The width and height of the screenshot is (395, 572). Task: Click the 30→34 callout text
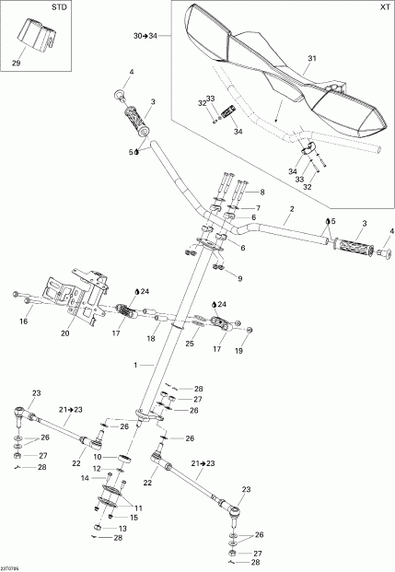pos(145,35)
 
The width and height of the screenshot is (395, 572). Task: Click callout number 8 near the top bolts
pos(261,192)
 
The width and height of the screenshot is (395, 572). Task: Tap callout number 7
pos(259,209)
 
